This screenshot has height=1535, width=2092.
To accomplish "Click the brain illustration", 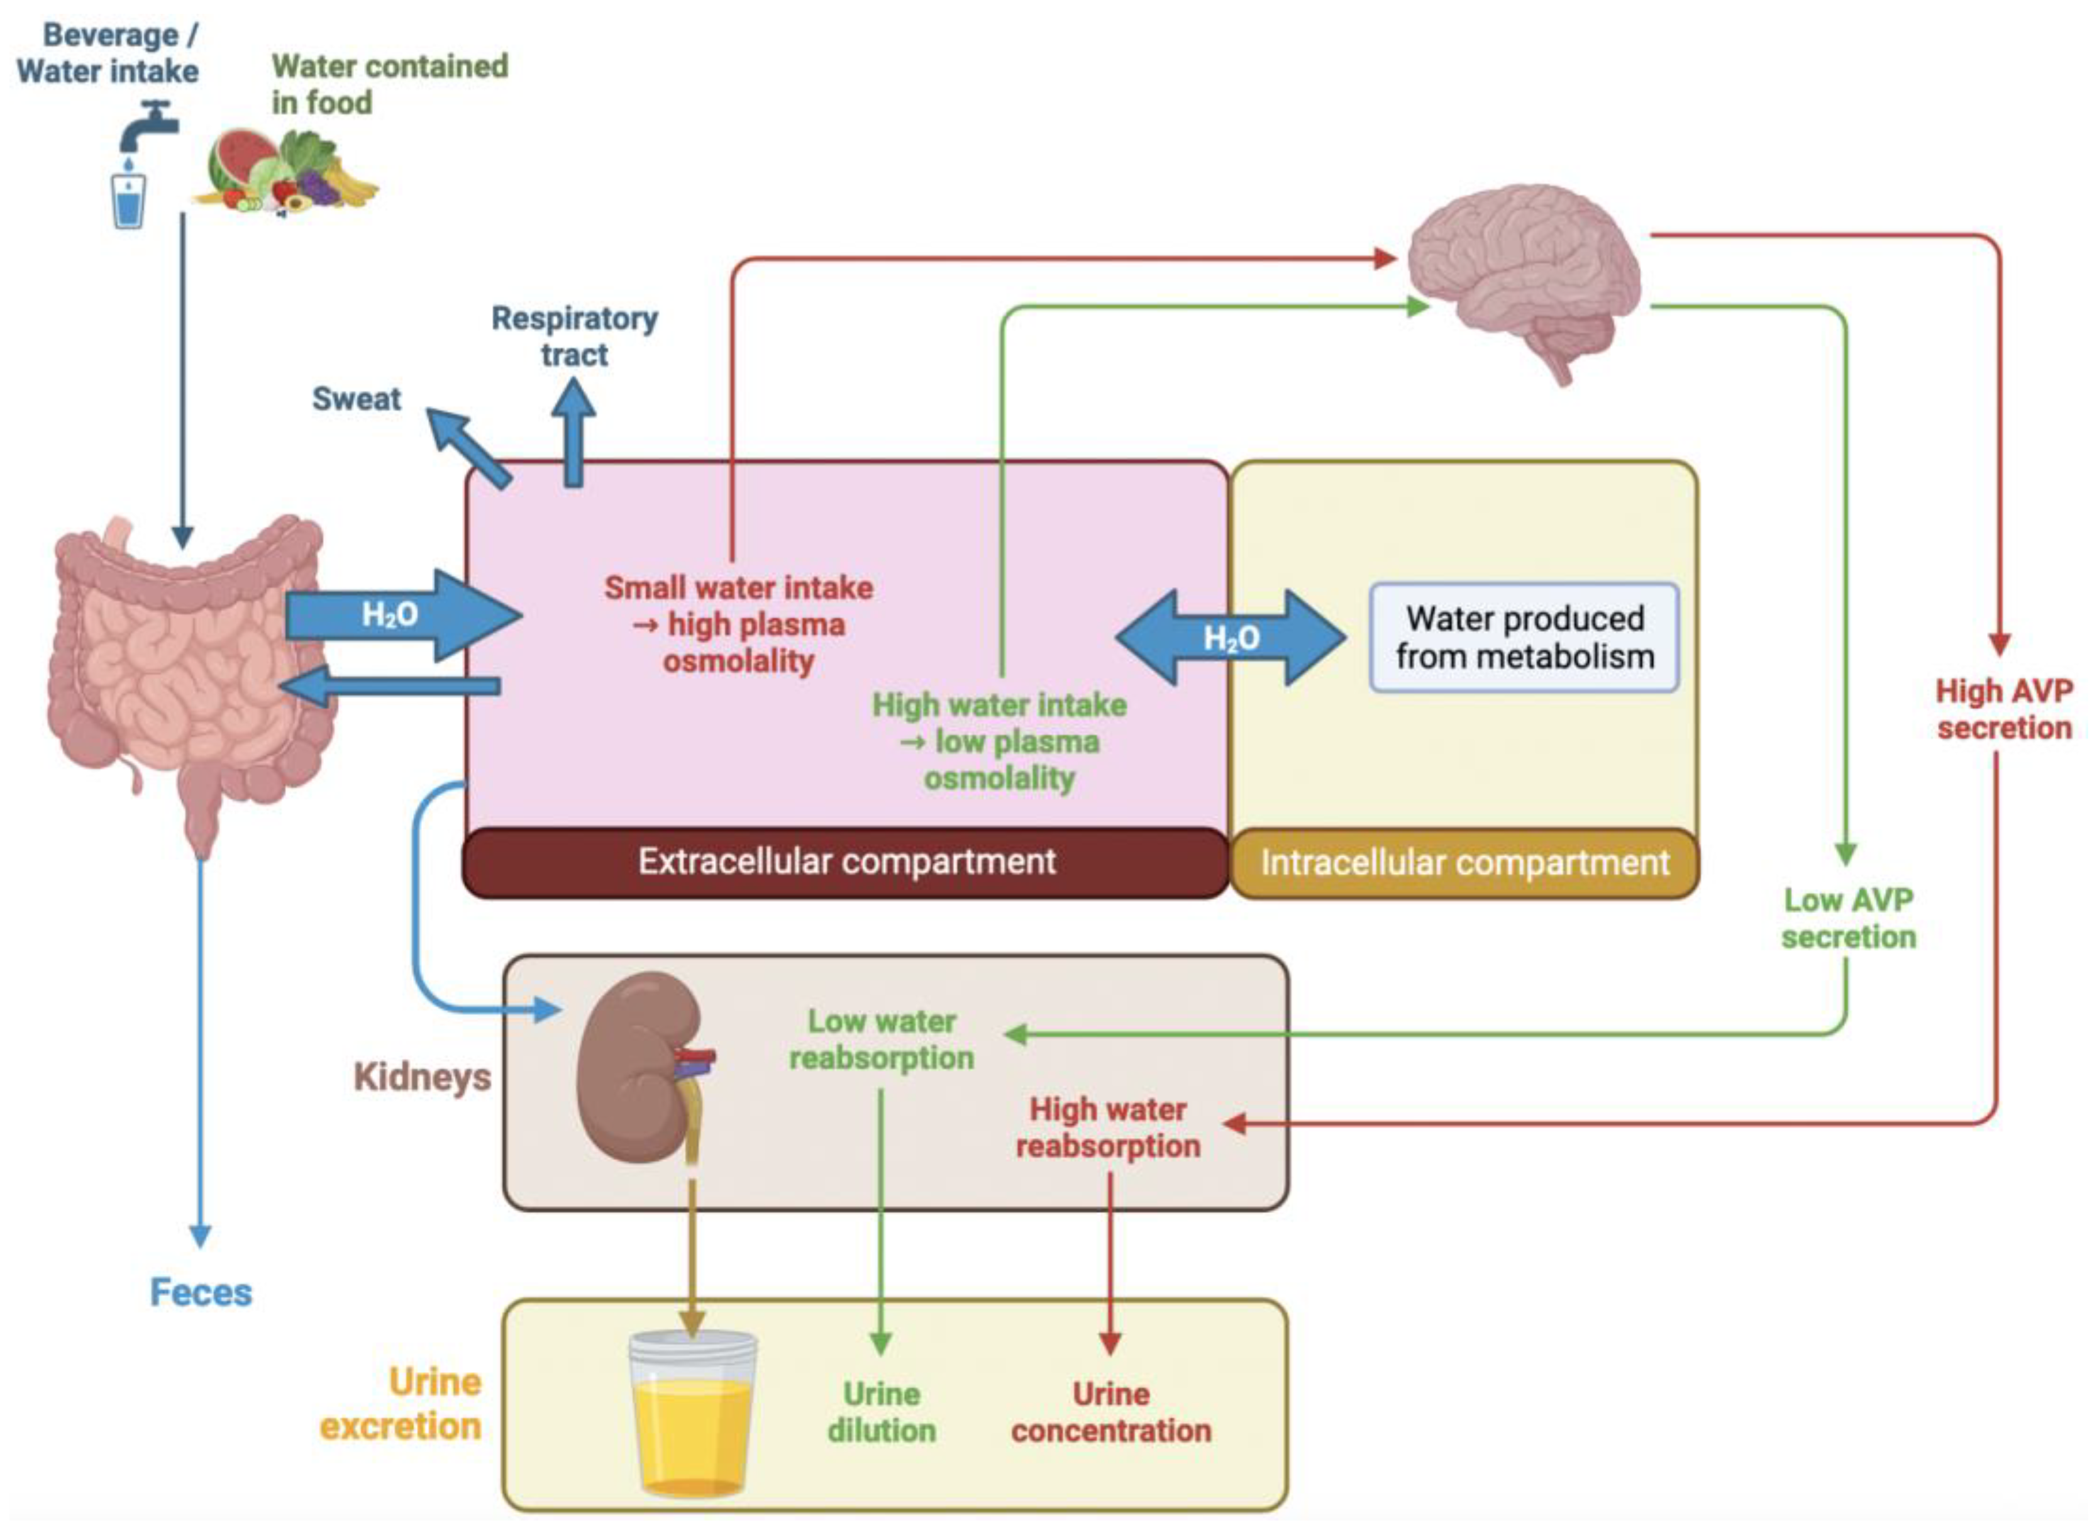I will point(1524,274).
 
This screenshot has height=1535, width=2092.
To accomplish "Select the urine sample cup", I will point(692,1412).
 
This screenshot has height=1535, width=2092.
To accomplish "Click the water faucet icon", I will point(148,130).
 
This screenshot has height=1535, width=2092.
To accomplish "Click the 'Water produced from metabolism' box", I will point(1524,638).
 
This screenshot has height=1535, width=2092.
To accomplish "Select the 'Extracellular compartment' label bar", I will point(845,862).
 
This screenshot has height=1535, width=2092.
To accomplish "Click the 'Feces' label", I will point(201,1292).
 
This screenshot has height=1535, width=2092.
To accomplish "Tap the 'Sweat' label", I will point(356,399).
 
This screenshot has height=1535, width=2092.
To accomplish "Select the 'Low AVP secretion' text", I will point(1847,918).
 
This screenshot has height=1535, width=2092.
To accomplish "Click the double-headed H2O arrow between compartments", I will point(1231,638).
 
